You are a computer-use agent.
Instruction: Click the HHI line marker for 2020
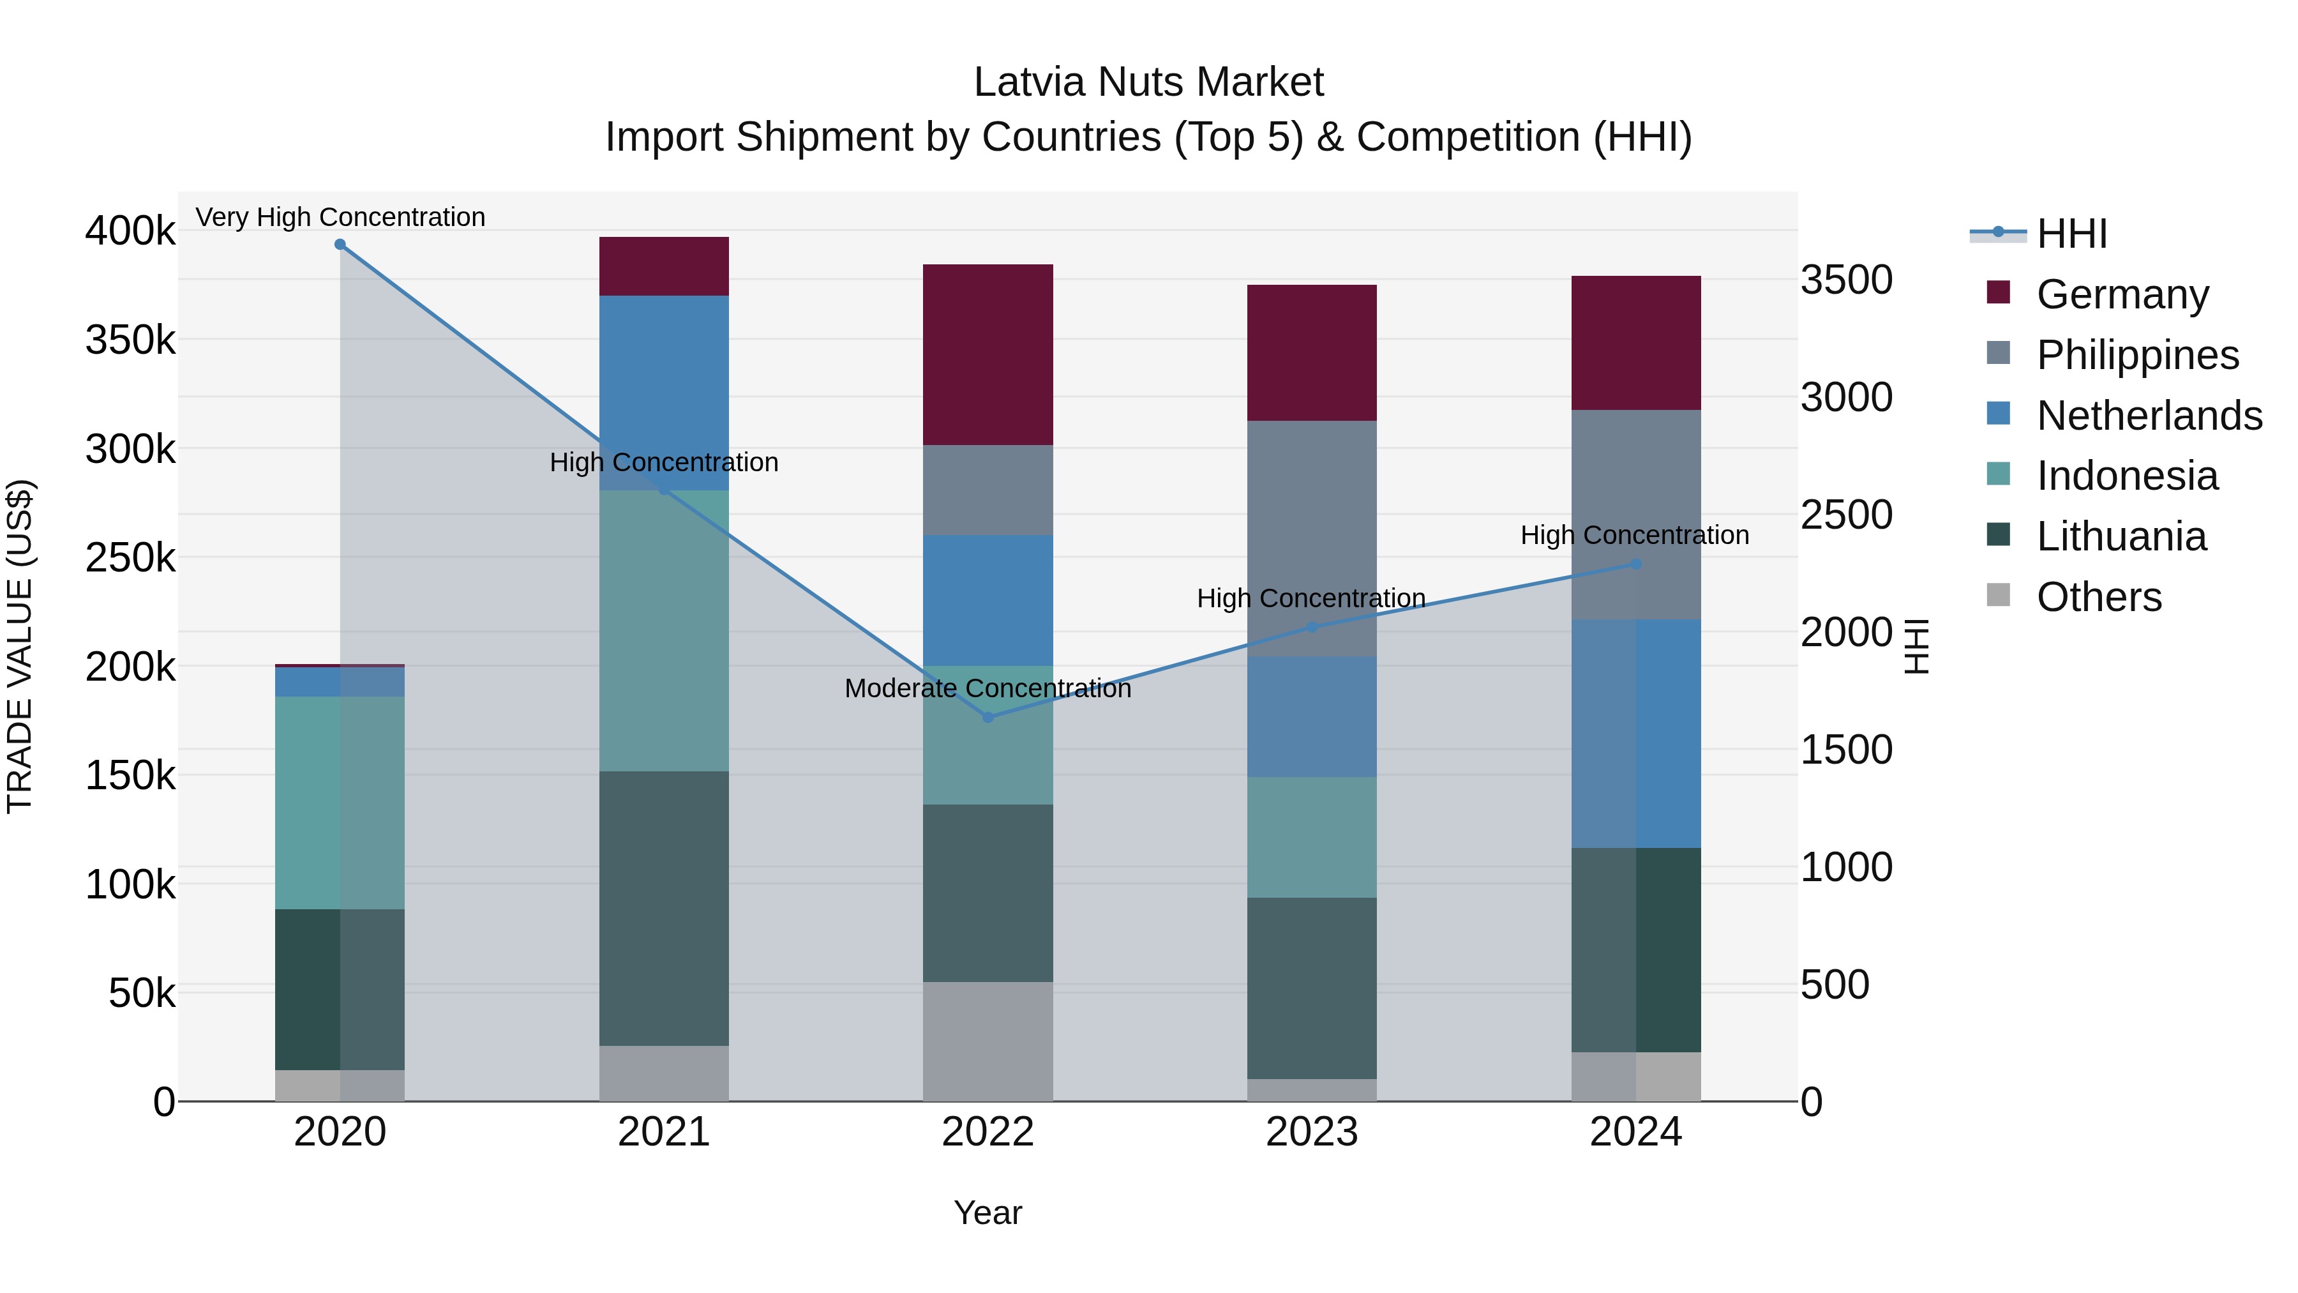[x=340, y=245]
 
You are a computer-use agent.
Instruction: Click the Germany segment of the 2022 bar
[x=988, y=354]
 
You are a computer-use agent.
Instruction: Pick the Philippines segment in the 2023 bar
[x=1311, y=538]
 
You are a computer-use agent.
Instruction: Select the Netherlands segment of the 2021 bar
[x=664, y=393]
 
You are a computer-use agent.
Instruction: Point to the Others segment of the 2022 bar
[x=988, y=1041]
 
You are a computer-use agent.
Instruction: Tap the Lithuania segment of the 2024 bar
[x=1636, y=949]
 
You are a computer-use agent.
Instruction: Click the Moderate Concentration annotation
[x=988, y=689]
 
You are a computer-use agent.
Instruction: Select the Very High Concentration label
[x=340, y=218]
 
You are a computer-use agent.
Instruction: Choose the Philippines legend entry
[x=2137, y=355]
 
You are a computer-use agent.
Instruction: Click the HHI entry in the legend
[x=2071, y=234]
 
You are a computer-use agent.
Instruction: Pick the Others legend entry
[x=2098, y=597]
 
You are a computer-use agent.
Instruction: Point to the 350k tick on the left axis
[x=130, y=340]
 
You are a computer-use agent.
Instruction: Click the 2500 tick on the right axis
[x=1845, y=515]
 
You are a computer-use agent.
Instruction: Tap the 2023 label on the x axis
[x=1311, y=1132]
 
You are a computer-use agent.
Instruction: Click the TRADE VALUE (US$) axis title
[x=20, y=646]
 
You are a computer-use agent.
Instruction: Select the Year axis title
[x=988, y=1213]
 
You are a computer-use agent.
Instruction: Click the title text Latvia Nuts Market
[x=1148, y=82]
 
